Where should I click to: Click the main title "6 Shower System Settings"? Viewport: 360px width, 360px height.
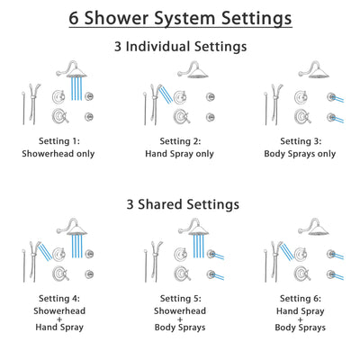(x=180, y=18)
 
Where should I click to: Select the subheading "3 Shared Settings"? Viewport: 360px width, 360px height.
(x=180, y=204)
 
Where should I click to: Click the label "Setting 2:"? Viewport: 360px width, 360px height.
(x=179, y=140)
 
